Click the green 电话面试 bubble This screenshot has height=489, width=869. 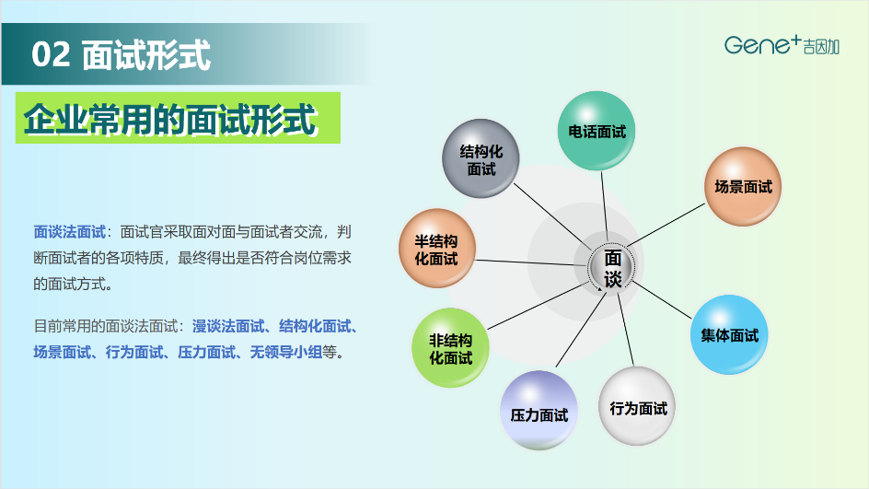[597, 131]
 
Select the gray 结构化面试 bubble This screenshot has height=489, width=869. [481, 158]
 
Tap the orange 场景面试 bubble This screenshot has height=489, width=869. [743, 186]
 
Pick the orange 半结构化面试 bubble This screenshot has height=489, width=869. [437, 249]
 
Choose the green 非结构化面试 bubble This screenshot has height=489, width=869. [450, 347]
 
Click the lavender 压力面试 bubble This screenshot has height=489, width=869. [539, 411]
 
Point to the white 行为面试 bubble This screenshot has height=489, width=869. [637, 406]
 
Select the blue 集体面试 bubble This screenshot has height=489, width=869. [729, 335]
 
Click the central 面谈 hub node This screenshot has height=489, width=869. [612, 267]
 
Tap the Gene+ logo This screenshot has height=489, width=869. [782, 44]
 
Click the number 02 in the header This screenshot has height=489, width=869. [51, 54]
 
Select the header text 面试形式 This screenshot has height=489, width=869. [146, 55]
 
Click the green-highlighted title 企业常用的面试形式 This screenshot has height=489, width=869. [170, 119]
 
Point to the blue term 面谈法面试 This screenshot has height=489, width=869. [69, 232]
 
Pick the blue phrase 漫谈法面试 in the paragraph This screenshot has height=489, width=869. [227, 326]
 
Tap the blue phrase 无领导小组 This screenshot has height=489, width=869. [286, 352]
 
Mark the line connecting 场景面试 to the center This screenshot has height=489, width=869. [666, 225]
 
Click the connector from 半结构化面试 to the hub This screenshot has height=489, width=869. [531, 262]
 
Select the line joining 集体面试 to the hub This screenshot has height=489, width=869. [662, 300]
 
